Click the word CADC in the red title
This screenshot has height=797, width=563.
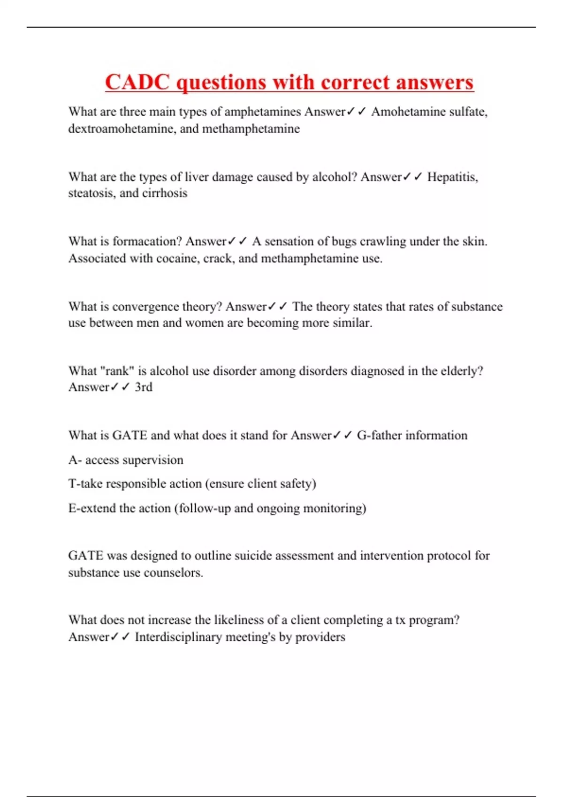pos(137,83)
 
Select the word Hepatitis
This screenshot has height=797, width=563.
pos(452,177)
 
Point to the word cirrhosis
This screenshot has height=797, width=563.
pos(164,193)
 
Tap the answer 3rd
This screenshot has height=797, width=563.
pos(144,387)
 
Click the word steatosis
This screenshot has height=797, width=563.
pos(91,193)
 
